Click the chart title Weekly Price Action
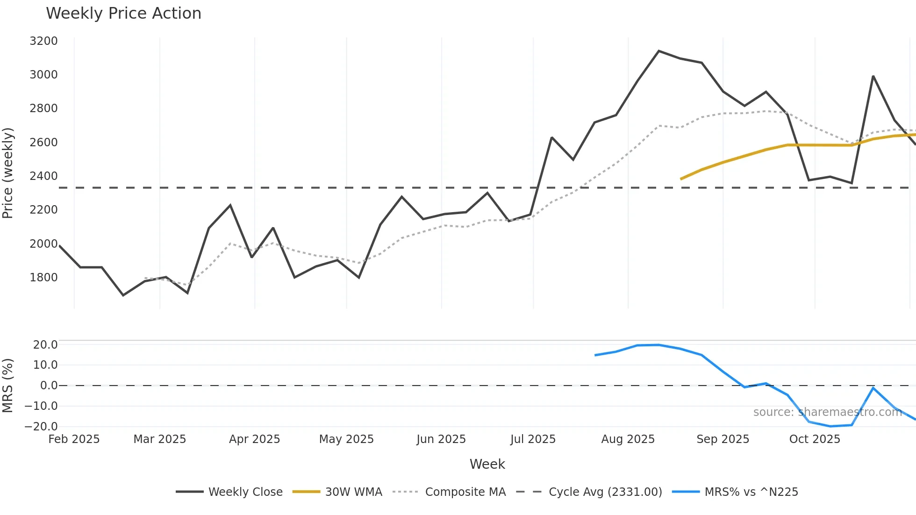[123, 14]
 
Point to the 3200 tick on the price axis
[43, 41]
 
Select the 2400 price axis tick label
[43, 176]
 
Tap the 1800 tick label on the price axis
[43, 278]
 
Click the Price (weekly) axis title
[8, 173]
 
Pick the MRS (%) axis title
[8, 386]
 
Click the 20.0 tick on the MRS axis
[45, 345]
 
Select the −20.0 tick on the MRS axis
[41, 426]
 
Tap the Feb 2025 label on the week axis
[74, 439]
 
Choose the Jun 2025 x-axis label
[441, 439]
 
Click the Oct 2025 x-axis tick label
[815, 439]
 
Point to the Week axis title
[487, 464]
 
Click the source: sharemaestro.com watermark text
[827, 412]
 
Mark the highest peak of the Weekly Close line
[658, 51]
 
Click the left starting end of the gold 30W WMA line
[681, 179]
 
